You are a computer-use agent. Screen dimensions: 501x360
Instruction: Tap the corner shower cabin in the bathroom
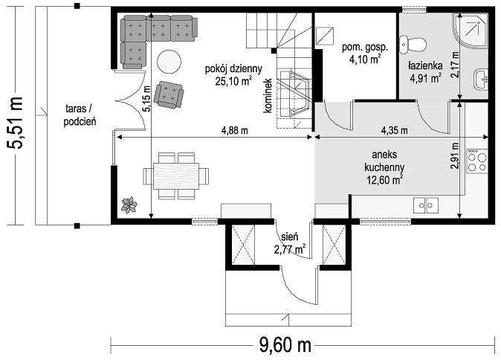point(471,30)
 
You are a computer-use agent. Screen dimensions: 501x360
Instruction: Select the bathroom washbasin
point(480,79)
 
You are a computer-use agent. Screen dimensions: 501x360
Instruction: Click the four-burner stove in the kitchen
point(477,161)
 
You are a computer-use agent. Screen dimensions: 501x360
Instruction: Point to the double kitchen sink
point(426,205)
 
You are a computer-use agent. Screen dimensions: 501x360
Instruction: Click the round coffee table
point(169,62)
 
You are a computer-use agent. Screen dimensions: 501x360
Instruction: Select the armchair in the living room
point(169,94)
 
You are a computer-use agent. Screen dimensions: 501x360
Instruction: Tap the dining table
point(176,176)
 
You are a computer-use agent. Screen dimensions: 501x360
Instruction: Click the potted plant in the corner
point(129,205)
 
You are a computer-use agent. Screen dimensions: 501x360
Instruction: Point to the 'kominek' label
point(268,96)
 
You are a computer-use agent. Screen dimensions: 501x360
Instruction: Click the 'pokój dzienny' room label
point(233,68)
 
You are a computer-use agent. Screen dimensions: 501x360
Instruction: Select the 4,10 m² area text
point(365,60)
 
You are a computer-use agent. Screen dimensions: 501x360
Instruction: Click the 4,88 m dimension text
point(235,130)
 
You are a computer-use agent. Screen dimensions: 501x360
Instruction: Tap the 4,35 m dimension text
point(394,130)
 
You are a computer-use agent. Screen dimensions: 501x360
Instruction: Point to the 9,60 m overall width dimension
point(285,345)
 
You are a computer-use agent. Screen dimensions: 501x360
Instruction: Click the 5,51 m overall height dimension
point(15,123)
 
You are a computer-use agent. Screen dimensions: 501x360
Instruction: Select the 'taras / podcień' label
point(80,115)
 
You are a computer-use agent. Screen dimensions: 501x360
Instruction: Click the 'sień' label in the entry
point(290,237)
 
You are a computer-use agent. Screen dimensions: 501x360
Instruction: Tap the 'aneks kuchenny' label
point(384,161)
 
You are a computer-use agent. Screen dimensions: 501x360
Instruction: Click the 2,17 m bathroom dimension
point(455,64)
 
